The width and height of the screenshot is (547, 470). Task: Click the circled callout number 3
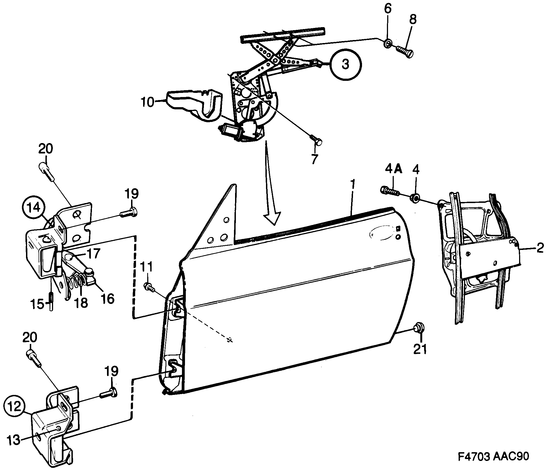coord(346,64)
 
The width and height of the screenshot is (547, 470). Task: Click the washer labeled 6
coord(387,43)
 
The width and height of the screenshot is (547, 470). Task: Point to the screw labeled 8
coord(405,51)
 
